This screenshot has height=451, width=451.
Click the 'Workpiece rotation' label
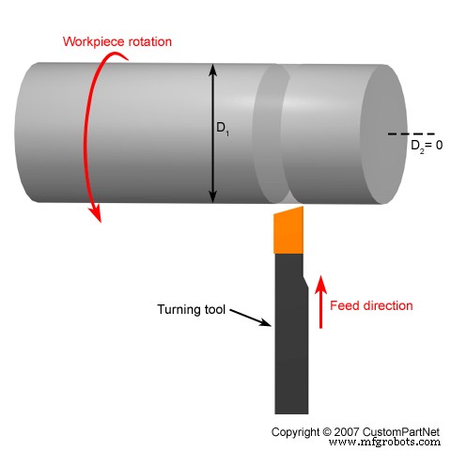tap(117, 42)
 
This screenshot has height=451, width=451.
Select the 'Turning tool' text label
tap(191, 308)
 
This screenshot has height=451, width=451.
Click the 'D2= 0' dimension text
tap(428, 147)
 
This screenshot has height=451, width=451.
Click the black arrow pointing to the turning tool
tap(250, 318)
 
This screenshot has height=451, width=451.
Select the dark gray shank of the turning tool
tap(290, 348)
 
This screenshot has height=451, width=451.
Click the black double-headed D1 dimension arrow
tap(214, 132)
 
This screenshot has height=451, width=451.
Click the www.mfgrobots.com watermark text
tap(384, 442)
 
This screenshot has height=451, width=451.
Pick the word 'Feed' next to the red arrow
tap(348, 305)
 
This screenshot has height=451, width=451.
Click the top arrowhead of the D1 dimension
tap(214, 67)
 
